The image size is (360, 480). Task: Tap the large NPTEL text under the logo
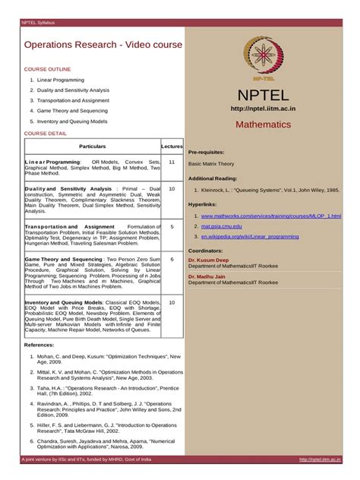263,96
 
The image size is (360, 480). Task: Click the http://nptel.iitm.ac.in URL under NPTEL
263,109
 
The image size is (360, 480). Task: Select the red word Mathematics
263,124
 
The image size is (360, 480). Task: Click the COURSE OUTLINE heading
47,68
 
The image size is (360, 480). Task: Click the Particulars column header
92,146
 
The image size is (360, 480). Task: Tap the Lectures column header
172,146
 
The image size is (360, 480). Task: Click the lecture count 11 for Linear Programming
172,162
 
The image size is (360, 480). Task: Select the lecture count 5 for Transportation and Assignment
172,226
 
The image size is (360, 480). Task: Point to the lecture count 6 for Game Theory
172,259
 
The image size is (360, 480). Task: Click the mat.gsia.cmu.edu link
221,226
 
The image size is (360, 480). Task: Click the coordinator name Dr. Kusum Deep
208,260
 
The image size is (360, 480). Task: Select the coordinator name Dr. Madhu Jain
207,276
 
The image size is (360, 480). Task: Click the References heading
39,345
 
